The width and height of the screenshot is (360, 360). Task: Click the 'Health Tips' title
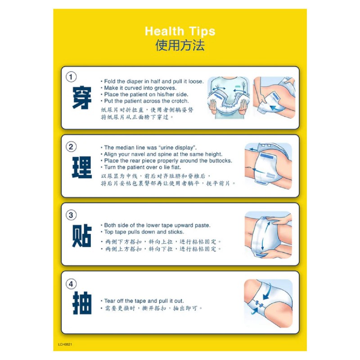click(x=180, y=31)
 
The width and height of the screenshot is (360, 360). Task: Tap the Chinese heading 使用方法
click(x=180, y=45)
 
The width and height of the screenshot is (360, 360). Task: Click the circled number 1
click(x=71, y=77)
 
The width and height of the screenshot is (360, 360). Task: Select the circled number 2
click(x=71, y=147)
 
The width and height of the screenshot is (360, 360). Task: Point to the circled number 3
click(x=71, y=215)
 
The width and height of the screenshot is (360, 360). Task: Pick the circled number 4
click(x=71, y=284)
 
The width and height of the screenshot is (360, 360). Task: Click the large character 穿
click(x=82, y=98)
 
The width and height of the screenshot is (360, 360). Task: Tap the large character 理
click(x=82, y=167)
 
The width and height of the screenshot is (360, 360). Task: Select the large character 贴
click(x=82, y=236)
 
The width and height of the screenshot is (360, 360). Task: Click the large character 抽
click(x=82, y=303)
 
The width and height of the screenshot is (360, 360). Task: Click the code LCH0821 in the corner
click(x=65, y=344)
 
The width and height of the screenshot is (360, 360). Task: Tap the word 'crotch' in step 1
click(x=180, y=101)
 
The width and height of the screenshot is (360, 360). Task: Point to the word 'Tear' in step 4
click(x=110, y=301)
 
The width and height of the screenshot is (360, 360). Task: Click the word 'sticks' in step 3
click(x=175, y=232)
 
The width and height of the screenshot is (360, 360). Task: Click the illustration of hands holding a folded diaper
click(x=229, y=98)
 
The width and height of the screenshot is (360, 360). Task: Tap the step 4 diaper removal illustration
click(x=268, y=303)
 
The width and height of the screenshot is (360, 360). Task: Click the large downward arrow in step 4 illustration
click(x=267, y=292)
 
